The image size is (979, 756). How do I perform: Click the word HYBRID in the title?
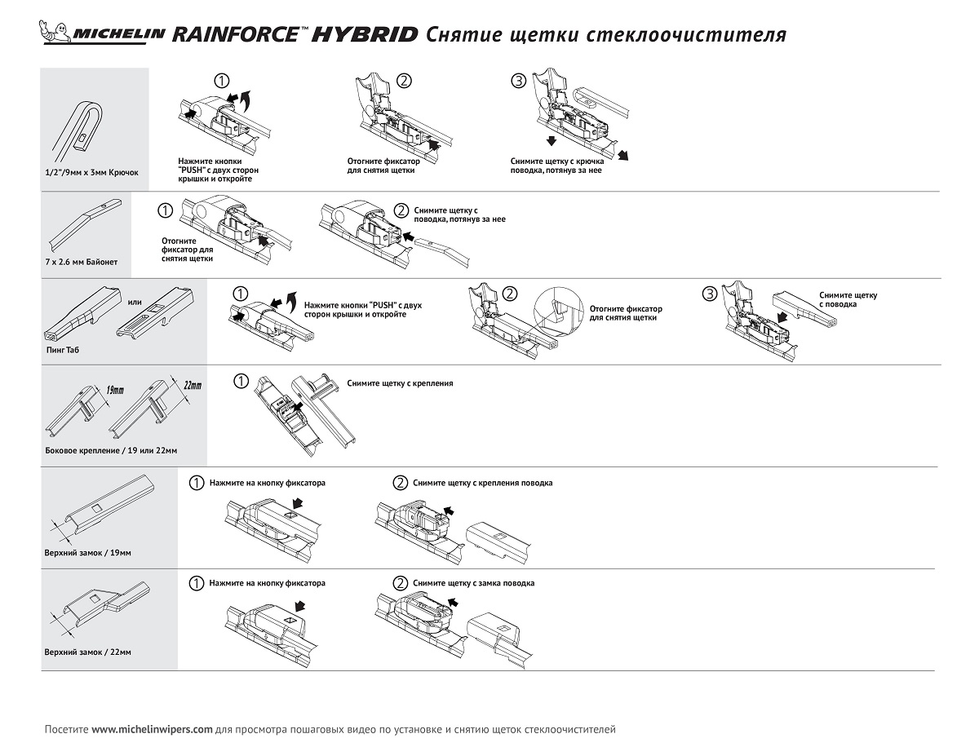365,34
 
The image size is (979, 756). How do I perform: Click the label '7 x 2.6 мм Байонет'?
82,262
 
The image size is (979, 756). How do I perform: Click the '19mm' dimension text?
115,390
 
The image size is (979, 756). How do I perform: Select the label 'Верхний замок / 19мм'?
88,553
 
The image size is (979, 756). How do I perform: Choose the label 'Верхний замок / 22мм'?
88,652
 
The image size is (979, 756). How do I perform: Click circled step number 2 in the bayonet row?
401,210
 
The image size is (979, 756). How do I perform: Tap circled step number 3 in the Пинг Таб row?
709,294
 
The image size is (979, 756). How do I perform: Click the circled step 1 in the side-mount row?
241,381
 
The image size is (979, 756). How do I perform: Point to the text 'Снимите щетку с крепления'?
400,382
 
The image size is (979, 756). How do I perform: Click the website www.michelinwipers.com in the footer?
152,729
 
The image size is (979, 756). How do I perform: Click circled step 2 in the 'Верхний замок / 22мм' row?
401,583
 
